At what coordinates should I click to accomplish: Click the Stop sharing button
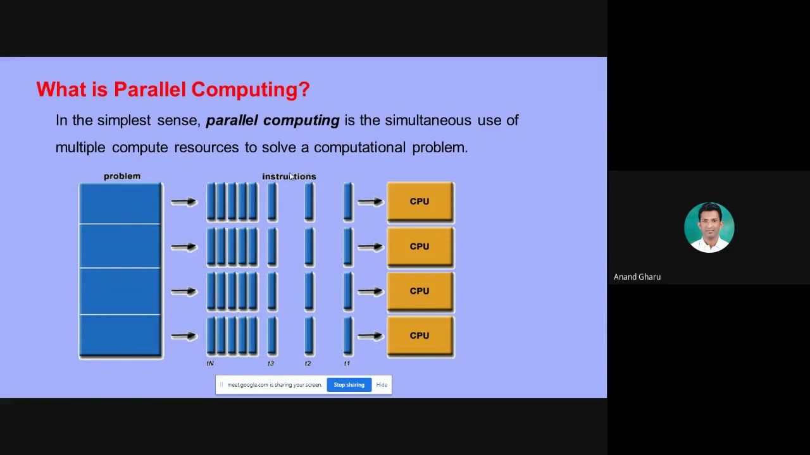pyautogui.click(x=349, y=385)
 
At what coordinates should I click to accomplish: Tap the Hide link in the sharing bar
pyautogui.click(x=382, y=385)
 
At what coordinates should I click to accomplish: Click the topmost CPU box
pyautogui.click(x=420, y=202)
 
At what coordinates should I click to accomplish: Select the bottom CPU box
pyautogui.click(x=420, y=336)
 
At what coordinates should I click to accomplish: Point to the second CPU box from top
pyautogui.click(x=420, y=246)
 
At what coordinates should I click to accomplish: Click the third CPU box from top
pyautogui.click(x=420, y=291)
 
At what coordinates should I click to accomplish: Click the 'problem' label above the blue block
pyautogui.click(x=122, y=176)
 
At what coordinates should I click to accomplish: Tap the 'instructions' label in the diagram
pyautogui.click(x=289, y=176)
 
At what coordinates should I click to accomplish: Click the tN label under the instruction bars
pyautogui.click(x=210, y=363)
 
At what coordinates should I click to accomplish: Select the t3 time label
pyautogui.click(x=271, y=363)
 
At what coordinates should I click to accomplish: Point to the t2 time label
pyautogui.click(x=308, y=363)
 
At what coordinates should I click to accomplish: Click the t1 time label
pyautogui.click(x=347, y=363)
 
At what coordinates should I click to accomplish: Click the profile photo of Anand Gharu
pyautogui.click(x=709, y=227)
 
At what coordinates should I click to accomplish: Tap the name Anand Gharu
pyautogui.click(x=637, y=277)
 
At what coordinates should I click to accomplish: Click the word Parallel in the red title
pyautogui.click(x=150, y=90)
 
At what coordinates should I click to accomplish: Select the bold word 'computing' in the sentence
pyautogui.click(x=301, y=121)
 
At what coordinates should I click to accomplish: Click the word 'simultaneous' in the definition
pyautogui.click(x=428, y=120)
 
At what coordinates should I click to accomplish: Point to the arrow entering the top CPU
pyautogui.click(x=371, y=202)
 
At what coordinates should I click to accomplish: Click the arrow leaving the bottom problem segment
pyautogui.click(x=184, y=336)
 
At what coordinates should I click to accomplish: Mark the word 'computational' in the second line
pyautogui.click(x=359, y=147)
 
